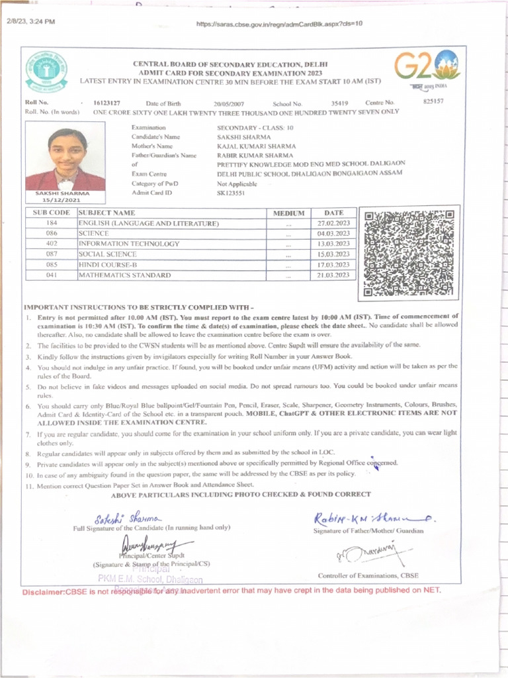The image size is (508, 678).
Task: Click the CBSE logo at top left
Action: point(46,71)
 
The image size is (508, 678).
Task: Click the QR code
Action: point(409,254)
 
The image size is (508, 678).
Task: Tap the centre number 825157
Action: point(433,102)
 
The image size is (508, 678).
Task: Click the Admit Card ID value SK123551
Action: point(231,193)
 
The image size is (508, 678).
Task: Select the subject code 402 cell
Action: point(52,244)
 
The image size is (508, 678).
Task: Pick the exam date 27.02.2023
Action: point(333,224)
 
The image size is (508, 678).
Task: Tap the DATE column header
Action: point(333,213)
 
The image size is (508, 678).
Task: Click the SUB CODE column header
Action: point(51,213)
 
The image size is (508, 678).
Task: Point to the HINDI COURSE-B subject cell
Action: point(110,264)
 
